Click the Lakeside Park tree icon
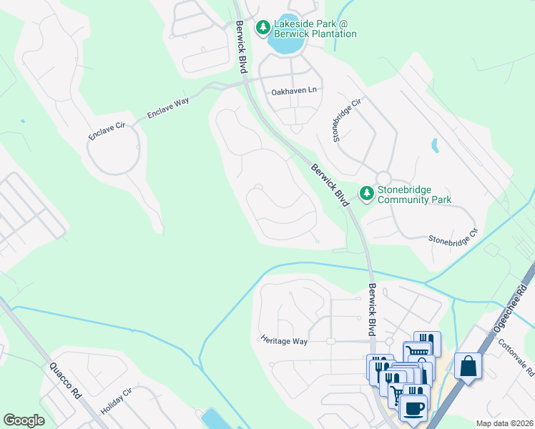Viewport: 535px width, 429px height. pyautogui.click(x=263, y=28)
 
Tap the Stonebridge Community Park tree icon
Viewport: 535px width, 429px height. pyautogui.click(x=367, y=194)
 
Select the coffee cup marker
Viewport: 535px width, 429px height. pyautogui.click(x=413, y=410)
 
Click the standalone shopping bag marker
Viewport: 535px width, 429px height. pyautogui.click(x=468, y=367)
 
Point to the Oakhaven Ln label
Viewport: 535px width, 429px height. pyautogui.click(x=293, y=92)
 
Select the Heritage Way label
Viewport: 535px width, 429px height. pyautogui.click(x=284, y=341)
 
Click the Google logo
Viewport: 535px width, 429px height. pyautogui.click(x=24, y=420)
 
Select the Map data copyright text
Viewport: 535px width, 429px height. pyautogui.click(x=504, y=423)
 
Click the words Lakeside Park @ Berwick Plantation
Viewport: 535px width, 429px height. pyautogui.click(x=315, y=29)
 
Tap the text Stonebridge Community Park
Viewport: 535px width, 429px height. pyautogui.click(x=414, y=194)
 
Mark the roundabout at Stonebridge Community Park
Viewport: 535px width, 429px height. pyautogui.click(x=383, y=177)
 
